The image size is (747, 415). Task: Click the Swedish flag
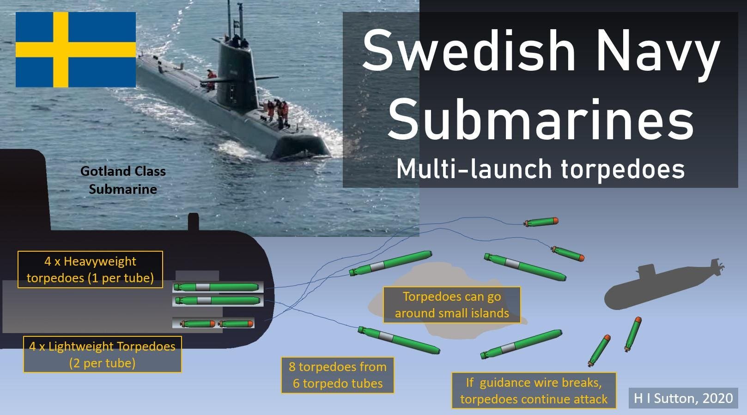[x=76, y=50]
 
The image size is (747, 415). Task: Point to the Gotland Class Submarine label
[x=123, y=180]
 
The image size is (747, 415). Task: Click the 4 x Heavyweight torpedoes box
[x=90, y=269]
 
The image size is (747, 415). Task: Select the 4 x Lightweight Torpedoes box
[x=103, y=354]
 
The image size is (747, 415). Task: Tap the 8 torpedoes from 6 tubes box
[x=338, y=375]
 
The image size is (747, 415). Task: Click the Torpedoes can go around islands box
[x=452, y=305]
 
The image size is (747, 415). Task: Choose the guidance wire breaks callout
[x=534, y=390]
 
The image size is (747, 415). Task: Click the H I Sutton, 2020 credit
[x=683, y=398]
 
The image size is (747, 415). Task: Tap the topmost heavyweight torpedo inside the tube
[x=216, y=287]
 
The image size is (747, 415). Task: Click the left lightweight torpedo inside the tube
[x=197, y=323]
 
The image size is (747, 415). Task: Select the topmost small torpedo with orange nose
[x=541, y=222]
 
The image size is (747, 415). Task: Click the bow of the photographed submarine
[x=300, y=147]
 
